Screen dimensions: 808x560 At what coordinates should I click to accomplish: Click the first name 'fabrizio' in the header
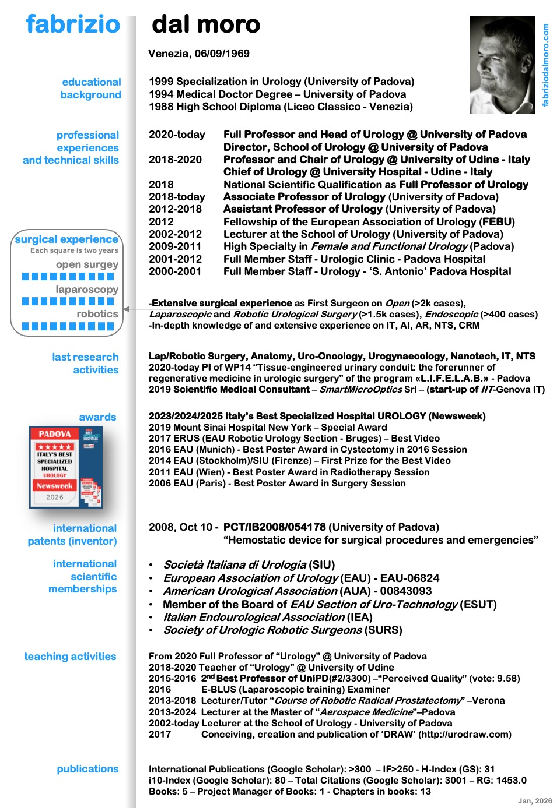coord(73,24)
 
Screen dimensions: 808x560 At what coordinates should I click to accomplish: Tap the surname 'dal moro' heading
coord(206,24)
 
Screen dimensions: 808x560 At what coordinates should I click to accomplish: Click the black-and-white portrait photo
coord(502,65)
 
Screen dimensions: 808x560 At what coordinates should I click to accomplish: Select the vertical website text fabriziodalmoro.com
coord(546,65)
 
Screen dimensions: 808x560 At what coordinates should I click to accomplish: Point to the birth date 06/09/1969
coord(222,54)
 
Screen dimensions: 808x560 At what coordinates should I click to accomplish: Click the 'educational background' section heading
coord(91,89)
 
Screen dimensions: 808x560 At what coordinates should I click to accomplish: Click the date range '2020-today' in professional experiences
coord(177,135)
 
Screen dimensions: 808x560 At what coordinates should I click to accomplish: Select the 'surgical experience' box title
coord(66,239)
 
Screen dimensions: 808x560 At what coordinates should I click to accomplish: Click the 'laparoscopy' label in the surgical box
coord(87,290)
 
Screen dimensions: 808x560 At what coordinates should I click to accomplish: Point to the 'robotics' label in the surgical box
coord(97,314)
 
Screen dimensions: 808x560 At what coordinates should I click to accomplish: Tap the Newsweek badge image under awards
coord(65,467)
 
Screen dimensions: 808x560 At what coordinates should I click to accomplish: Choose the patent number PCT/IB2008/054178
coord(274,527)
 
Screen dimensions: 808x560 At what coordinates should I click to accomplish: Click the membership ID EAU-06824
coord(409,578)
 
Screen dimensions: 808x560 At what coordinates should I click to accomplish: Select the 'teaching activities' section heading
coord(70,657)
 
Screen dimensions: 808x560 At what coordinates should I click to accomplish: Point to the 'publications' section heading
coord(87,769)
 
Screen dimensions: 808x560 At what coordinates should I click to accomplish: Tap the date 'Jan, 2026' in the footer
coord(535,801)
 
